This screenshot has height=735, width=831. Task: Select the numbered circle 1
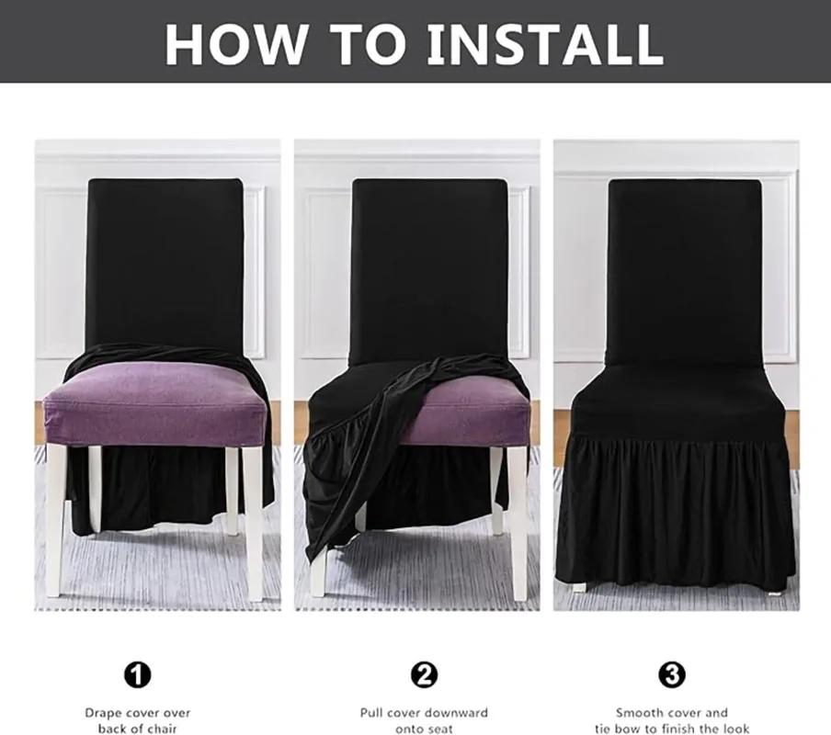point(137,676)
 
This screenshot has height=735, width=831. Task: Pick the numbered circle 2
point(423,676)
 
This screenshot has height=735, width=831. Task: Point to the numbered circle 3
point(672,676)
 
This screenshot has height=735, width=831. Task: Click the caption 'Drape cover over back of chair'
point(138,720)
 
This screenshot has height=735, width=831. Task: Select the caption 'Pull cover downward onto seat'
point(423,720)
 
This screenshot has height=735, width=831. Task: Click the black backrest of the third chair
point(685,266)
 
